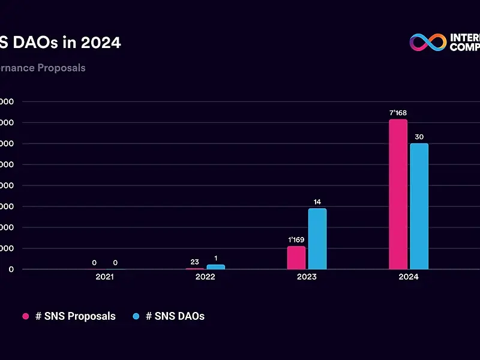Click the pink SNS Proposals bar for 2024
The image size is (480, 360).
pos(398,194)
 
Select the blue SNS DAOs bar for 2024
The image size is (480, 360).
pos(419,206)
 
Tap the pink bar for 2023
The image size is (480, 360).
pos(296,258)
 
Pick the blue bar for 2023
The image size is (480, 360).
pos(317,239)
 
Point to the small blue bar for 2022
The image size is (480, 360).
pos(215,266)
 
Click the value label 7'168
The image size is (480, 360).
pos(398,113)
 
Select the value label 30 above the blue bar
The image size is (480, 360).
pos(419,137)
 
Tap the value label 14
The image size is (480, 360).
pos(317,202)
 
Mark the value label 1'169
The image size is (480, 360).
pos(296,239)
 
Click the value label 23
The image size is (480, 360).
pos(194,262)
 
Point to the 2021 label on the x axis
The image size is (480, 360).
pos(104,277)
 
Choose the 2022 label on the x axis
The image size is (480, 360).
pos(205,277)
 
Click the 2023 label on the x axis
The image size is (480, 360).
pos(307,277)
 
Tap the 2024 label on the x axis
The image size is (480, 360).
pos(409,277)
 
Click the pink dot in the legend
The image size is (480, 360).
pos(26,316)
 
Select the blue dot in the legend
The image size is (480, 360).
pos(136,316)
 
